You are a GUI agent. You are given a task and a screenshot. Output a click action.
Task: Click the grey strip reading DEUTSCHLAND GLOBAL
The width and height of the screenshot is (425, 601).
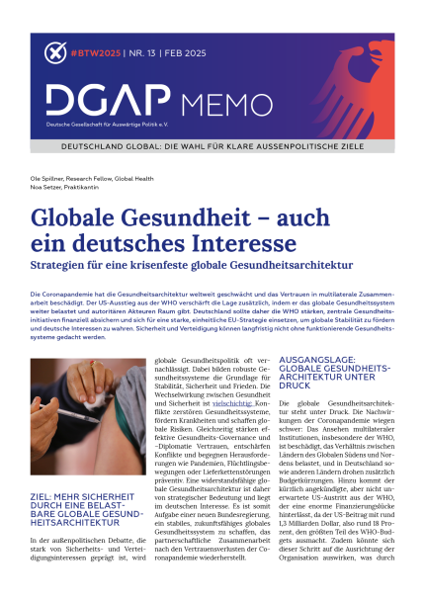click(x=212, y=143)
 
